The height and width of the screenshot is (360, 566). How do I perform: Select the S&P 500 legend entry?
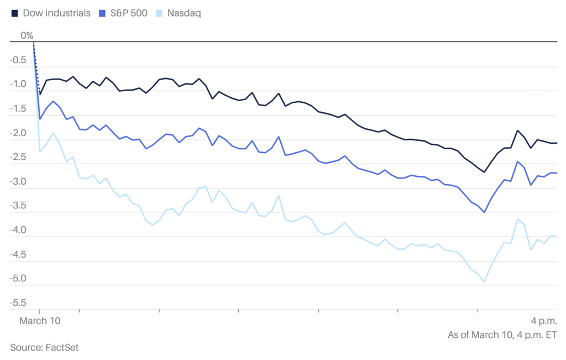tap(127, 13)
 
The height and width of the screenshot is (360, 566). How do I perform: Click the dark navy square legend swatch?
tap(14, 13)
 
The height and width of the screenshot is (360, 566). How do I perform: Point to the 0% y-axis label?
tap(27, 36)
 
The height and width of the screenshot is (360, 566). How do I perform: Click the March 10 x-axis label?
tap(40, 321)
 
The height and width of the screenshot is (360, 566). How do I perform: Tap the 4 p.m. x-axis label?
tap(544, 321)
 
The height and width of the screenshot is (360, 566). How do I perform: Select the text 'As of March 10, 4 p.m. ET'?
tap(502, 335)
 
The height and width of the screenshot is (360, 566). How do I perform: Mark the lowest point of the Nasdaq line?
tap(485, 282)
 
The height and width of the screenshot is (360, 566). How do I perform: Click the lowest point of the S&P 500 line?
tap(485, 212)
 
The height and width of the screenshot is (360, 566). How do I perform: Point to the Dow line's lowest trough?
tap(485, 172)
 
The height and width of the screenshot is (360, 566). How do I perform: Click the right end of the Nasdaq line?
tap(557, 237)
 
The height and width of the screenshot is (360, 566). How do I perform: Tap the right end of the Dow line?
tap(557, 143)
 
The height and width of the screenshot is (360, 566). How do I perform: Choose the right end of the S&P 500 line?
tap(557, 173)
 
